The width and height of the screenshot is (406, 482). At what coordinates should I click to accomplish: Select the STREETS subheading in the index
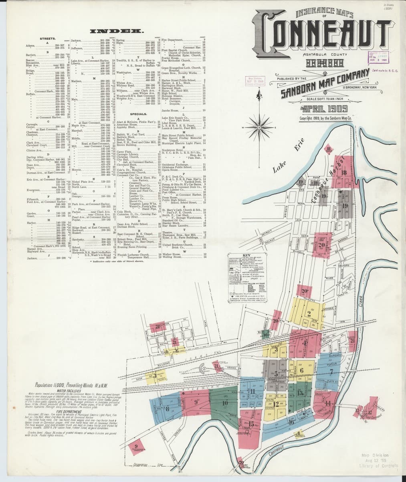(48, 39)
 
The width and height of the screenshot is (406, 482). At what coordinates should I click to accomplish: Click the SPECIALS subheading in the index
(137, 102)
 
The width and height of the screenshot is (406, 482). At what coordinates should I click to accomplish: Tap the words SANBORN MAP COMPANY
(325, 84)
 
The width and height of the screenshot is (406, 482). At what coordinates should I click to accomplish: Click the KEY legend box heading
(246, 255)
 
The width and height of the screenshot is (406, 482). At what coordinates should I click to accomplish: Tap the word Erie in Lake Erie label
(300, 148)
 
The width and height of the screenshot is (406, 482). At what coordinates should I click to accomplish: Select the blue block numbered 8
(167, 409)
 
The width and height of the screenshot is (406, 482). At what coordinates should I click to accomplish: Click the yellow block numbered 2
(309, 314)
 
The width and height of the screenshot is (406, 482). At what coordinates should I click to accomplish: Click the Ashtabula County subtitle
(322, 54)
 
